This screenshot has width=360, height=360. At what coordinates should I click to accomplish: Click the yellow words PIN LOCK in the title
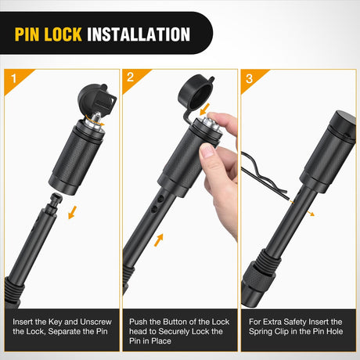[49, 34]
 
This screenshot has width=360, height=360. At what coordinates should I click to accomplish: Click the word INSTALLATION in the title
[139, 34]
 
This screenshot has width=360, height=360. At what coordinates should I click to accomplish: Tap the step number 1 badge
[14, 78]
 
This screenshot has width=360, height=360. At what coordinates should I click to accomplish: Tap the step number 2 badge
[131, 77]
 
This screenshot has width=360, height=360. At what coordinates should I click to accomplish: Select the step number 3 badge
[249, 78]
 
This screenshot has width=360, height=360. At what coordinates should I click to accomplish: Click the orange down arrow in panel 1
[72, 212]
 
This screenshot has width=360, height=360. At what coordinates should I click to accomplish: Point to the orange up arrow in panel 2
[159, 240]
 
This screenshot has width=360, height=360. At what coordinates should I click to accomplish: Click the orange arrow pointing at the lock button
[204, 110]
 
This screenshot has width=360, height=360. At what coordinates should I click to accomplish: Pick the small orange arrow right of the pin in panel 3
[310, 214]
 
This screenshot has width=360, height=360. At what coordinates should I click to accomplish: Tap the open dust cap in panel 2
[196, 92]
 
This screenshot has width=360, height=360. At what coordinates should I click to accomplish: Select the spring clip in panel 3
[264, 177]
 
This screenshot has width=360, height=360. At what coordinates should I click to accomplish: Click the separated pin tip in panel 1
[56, 201]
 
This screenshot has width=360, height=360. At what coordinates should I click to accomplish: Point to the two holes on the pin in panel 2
[158, 203]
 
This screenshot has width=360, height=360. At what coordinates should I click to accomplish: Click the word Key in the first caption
[56, 322]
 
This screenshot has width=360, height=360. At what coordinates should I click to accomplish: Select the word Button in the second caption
[178, 322]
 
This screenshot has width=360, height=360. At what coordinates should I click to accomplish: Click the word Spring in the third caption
[262, 331]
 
